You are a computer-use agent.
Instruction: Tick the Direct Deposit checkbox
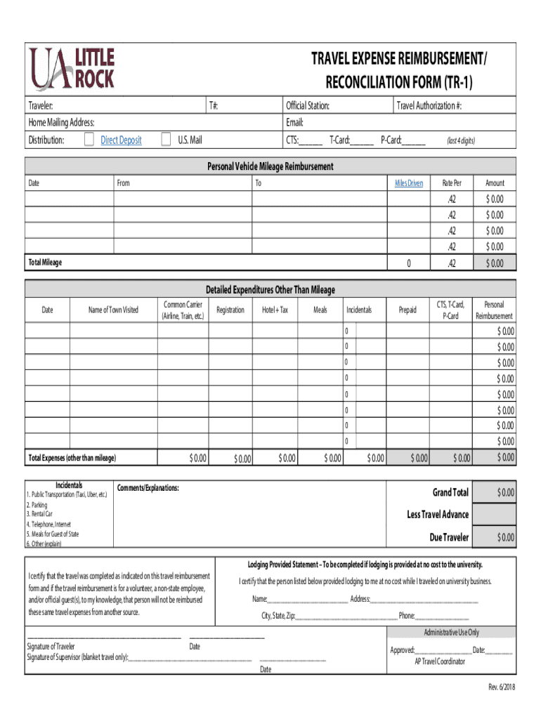point(89,140)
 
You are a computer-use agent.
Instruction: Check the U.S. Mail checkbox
point(166,140)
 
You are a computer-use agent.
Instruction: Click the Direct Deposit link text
point(121,140)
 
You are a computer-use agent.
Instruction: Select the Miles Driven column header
point(408,183)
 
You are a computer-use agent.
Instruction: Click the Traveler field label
point(41,107)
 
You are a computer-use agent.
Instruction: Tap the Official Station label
point(308,107)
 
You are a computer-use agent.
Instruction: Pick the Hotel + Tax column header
point(275,310)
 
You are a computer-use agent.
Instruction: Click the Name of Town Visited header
point(113,310)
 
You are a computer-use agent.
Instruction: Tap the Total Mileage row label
point(45,263)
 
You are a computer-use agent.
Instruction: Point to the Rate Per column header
point(452,183)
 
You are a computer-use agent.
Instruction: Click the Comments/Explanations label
point(148,488)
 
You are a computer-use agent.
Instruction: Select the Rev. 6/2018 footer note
point(502,687)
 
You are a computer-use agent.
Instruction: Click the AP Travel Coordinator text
point(439,661)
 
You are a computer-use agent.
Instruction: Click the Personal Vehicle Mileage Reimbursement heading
point(270,166)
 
